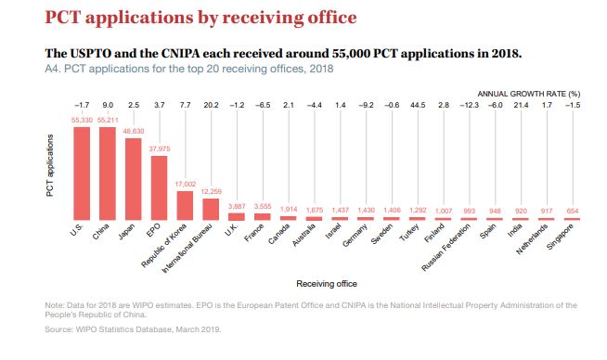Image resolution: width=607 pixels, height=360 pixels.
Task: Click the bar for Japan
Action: (133, 179)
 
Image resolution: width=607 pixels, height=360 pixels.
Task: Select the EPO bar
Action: (159, 188)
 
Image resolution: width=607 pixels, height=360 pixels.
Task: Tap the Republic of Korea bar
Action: (185, 206)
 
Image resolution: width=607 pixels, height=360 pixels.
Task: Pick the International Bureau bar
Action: (211, 210)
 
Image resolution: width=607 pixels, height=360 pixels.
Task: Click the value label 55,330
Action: (82, 121)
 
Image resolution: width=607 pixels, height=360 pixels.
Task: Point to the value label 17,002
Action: (185, 185)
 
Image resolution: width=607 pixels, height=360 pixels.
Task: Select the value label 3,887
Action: (237, 207)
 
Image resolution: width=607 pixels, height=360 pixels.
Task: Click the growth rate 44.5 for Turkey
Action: (418, 105)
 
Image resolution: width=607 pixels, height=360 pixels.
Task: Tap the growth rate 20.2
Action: (211, 105)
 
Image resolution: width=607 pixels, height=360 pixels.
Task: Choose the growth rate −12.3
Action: (470, 105)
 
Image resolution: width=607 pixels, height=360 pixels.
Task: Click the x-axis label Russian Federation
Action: (446, 248)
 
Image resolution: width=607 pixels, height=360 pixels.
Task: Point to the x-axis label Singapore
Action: (560, 237)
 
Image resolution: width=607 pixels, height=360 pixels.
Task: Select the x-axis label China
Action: (100, 231)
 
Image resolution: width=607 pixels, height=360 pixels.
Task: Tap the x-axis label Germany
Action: (355, 236)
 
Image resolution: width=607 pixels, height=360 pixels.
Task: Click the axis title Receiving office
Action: (327, 284)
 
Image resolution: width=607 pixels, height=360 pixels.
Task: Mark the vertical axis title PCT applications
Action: (50, 165)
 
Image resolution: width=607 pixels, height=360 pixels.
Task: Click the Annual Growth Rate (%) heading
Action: (529, 94)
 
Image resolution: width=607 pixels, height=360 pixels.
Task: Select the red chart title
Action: (200, 18)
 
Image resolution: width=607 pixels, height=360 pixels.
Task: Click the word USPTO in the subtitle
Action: (91, 53)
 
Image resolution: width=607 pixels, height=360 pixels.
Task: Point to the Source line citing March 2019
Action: (133, 329)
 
